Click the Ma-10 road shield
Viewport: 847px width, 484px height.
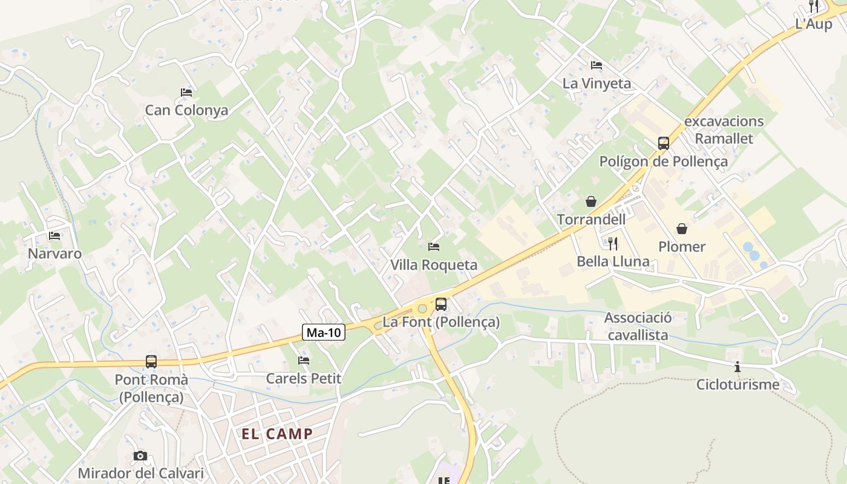pyautogui.click(x=324, y=332)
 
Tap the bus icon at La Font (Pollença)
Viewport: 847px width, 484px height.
pyautogui.click(x=441, y=304)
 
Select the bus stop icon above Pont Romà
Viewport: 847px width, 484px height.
pyautogui.click(x=151, y=362)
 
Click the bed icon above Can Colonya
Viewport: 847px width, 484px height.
pyautogui.click(x=186, y=93)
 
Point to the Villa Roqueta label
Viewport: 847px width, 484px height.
pyautogui.click(x=433, y=265)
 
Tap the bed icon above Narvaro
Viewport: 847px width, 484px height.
pyautogui.click(x=54, y=236)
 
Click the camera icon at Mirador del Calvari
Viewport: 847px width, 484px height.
pyautogui.click(x=140, y=456)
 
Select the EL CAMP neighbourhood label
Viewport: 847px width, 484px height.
pyautogui.click(x=277, y=434)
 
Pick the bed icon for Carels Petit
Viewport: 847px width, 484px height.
pyautogui.click(x=304, y=361)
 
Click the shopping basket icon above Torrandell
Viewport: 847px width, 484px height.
pyautogui.click(x=590, y=201)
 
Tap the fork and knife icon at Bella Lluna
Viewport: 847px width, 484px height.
pyautogui.click(x=613, y=244)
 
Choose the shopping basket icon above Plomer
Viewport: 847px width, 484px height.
pyautogui.click(x=682, y=229)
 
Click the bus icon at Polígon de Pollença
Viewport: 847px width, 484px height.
pyautogui.click(x=664, y=143)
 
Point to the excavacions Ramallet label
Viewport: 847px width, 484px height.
pyautogui.click(x=724, y=129)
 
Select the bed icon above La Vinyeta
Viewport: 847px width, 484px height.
pyautogui.click(x=597, y=65)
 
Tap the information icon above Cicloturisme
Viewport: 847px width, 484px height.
pyautogui.click(x=737, y=367)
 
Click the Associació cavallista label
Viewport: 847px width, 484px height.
pyautogui.click(x=638, y=327)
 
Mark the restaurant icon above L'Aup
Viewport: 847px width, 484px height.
pyautogui.click(x=814, y=7)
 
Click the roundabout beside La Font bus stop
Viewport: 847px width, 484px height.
pyautogui.click(x=422, y=309)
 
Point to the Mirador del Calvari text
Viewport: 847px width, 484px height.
pyautogui.click(x=140, y=473)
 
